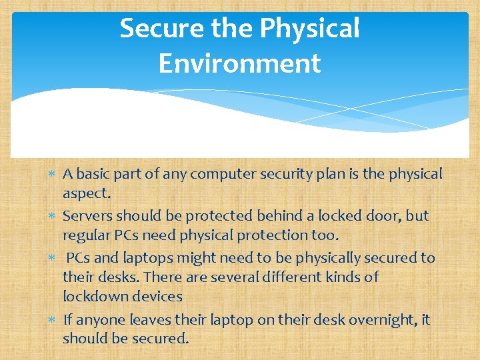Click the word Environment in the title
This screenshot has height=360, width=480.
click(240, 64)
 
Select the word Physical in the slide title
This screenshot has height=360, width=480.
click(309, 29)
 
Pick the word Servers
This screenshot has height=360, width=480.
click(87, 216)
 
